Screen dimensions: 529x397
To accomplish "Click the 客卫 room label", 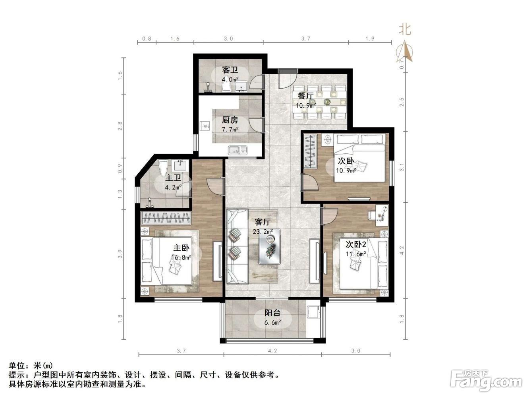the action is [x=230, y=70].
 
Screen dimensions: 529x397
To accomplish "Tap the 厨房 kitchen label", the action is [x=230, y=120].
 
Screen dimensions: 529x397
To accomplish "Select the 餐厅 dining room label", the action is [x=305, y=96].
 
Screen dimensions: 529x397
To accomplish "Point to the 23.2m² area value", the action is [x=263, y=232].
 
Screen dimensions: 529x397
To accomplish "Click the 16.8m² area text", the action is [x=181, y=258].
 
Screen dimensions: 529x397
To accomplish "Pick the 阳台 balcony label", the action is [x=272, y=313].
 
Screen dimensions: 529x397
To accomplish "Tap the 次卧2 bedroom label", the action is [x=356, y=245].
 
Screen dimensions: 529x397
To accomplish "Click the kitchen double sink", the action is [x=237, y=150].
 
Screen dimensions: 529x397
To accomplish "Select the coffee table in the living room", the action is [x=269, y=246].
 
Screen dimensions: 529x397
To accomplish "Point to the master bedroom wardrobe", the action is [x=166, y=218].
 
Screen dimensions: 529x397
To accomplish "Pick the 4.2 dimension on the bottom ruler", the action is [x=272, y=351].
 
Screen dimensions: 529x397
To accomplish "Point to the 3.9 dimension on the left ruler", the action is [x=120, y=254].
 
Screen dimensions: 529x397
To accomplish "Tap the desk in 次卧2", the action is [x=381, y=215].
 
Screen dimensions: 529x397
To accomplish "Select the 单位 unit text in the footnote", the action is [x=17, y=366].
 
